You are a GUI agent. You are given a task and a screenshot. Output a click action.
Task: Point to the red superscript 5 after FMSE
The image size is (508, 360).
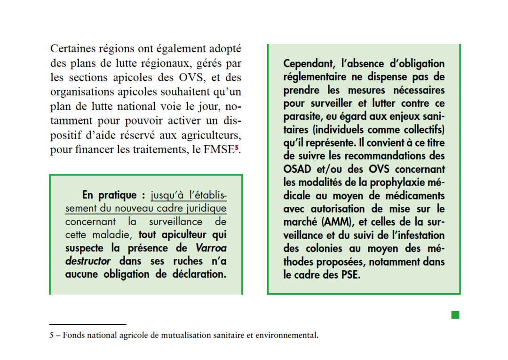pyautogui.click(x=238, y=148)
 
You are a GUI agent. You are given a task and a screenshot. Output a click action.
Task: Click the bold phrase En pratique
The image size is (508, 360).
pyautogui.click(x=110, y=195)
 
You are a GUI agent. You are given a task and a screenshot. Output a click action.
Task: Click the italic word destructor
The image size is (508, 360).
pyautogui.click(x=88, y=261)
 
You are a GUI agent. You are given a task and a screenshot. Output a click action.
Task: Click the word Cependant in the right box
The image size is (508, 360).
pyautogui.click(x=309, y=63)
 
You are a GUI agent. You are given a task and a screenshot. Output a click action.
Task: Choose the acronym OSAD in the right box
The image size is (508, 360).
pyautogui.click(x=299, y=169)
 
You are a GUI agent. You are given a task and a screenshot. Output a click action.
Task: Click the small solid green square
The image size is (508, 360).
pyautogui.click(x=455, y=314)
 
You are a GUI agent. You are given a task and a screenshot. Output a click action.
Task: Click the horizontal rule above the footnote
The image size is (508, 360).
pyautogui.click(x=88, y=324)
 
